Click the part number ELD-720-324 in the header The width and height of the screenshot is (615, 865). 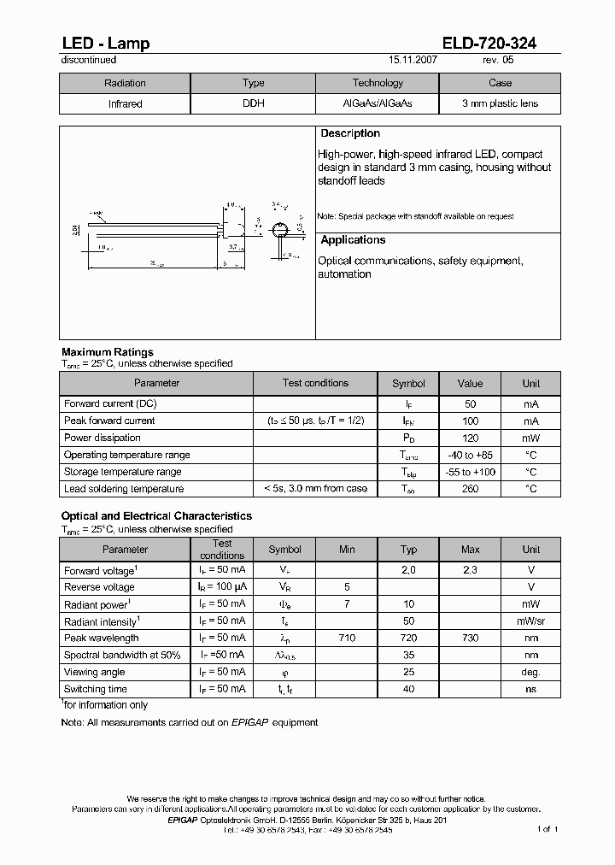[489, 44]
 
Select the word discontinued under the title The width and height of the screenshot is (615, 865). [89, 61]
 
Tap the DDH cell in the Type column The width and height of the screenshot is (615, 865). [253, 103]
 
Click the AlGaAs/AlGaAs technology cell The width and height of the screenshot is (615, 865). [377, 103]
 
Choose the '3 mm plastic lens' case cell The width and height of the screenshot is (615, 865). [500, 103]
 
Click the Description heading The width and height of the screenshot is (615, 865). [350, 134]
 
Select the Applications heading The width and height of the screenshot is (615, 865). [353, 241]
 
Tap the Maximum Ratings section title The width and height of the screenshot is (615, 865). [108, 352]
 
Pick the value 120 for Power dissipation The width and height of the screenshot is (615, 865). [470, 438]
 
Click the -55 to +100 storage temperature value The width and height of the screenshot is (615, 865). [470, 472]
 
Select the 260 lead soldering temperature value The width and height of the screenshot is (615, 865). [470, 489]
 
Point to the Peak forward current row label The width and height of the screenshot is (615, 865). [109, 421]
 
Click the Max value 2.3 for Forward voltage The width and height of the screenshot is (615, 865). [470, 570]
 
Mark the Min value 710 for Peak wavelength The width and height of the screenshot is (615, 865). [347, 638]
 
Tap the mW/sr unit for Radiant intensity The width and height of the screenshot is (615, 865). [530, 621]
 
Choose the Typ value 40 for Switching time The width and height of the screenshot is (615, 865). [408, 689]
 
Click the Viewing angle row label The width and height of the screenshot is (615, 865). [95, 672]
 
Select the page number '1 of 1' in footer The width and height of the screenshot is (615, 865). [548, 829]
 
